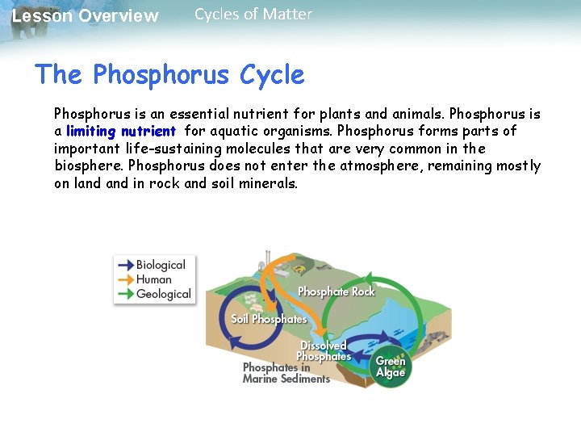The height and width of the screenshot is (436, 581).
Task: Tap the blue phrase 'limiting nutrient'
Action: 121,131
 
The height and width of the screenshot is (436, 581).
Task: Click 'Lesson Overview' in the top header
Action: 86,16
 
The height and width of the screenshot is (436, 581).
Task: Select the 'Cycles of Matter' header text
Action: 253,14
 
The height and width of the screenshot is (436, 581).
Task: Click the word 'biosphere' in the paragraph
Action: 87,166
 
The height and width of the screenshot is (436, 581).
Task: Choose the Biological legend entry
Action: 161,265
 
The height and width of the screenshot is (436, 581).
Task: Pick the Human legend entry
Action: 153,279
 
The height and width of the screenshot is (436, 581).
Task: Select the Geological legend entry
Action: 163,294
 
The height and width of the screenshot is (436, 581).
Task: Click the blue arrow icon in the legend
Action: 125,265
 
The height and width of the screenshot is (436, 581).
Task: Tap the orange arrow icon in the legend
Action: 125,279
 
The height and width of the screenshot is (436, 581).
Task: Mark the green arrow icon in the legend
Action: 125,294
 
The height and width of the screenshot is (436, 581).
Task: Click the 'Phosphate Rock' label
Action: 336,291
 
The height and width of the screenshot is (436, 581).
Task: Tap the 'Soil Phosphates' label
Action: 269,319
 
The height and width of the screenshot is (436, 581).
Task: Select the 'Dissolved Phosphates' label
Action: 324,351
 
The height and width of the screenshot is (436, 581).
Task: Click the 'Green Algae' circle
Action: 391,367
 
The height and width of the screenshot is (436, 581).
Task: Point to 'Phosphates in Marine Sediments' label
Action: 286,373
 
